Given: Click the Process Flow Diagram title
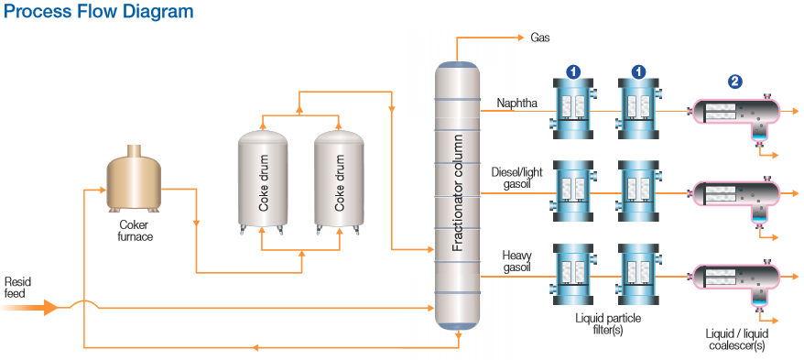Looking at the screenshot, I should [99, 12].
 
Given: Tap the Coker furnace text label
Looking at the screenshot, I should [135, 230].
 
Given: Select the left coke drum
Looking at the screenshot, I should [264, 180].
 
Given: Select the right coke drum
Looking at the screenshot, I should [340, 180].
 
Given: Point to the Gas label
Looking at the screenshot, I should [540, 38].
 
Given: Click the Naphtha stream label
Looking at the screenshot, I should [517, 103].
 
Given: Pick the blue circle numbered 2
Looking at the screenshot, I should [734, 82].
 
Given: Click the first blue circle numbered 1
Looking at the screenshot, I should [574, 71].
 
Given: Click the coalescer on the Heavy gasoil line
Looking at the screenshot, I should [733, 278].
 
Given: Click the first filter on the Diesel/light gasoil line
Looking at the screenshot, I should [574, 191].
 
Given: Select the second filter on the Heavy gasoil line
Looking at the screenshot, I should [638, 275].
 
